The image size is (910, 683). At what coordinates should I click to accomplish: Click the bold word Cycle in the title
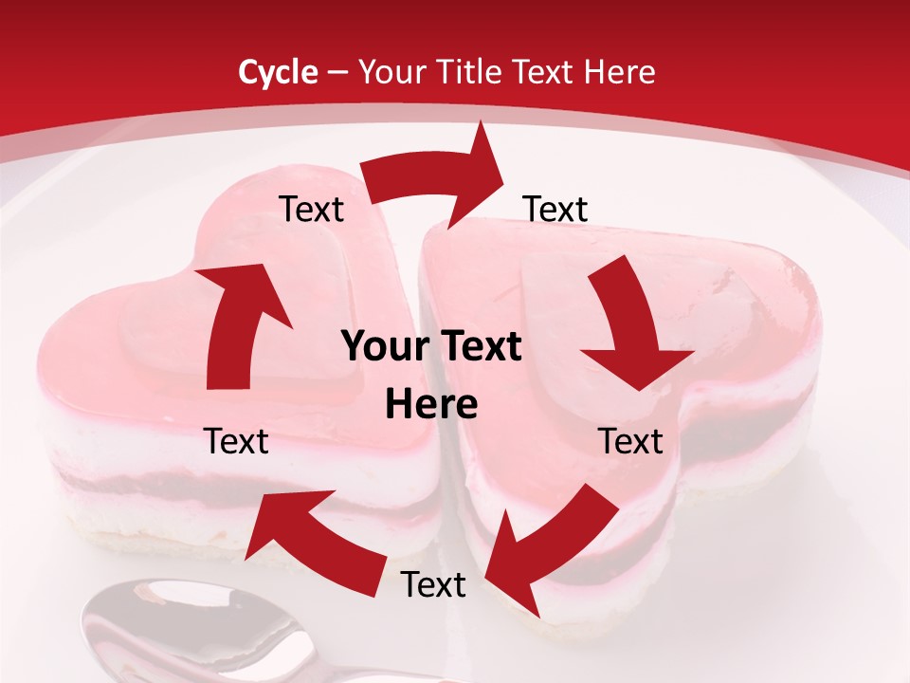tap(278, 72)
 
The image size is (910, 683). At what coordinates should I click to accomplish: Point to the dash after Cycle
tap(337, 73)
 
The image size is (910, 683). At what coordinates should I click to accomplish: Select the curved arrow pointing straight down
tap(630, 323)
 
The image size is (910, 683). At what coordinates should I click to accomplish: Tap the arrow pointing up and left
tap(303, 526)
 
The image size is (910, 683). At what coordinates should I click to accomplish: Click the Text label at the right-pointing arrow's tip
tap(555, 209)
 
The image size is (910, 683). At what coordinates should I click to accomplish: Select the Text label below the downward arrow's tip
tap(630, 441)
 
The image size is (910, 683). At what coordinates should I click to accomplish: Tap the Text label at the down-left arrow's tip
tap(433, 585)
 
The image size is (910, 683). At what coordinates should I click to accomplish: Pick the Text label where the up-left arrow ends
tap(236, 441)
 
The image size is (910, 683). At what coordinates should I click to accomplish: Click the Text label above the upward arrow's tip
tap(311, 209)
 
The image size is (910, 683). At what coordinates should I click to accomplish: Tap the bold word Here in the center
tap(431, 405)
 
